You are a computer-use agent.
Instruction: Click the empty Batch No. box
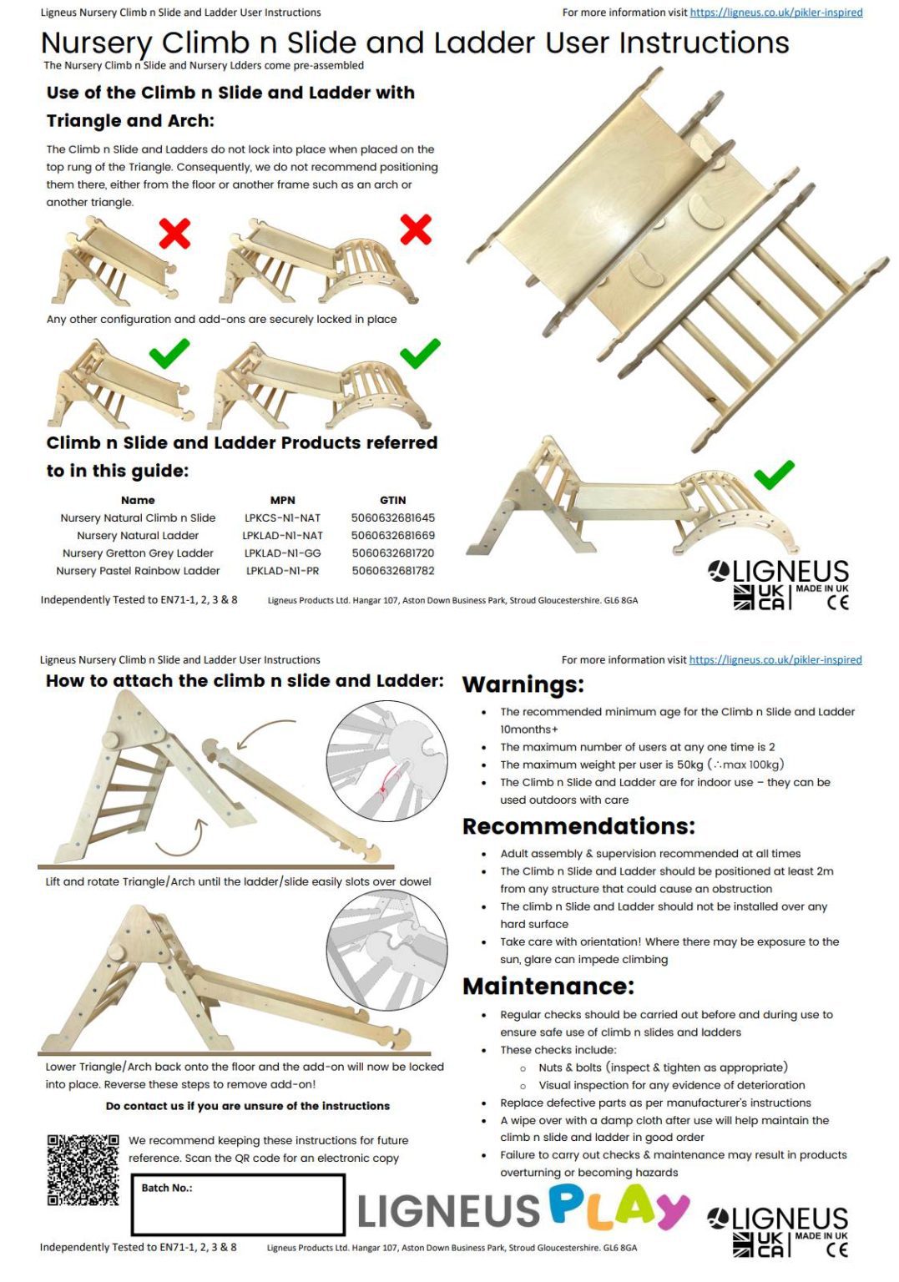[238, 1204]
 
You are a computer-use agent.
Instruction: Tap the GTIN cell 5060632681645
[392, 517]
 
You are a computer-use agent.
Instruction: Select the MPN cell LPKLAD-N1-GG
[282, 553]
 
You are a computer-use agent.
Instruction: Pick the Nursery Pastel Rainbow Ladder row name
[138, 571]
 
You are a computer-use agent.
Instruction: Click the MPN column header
[282, 500]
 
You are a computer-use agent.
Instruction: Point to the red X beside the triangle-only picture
[174, 233]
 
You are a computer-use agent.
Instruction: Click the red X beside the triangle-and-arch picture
[416, 230]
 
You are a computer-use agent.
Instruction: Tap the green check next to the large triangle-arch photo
[774, 474]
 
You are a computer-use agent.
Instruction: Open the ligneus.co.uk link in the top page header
[776, 12]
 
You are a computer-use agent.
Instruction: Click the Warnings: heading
[523, 684]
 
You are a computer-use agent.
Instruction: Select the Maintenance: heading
[548, 986]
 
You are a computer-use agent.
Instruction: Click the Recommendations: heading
[578, 825]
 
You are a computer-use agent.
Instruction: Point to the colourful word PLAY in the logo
[619, 1209]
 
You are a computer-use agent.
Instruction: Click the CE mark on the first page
[837, 602]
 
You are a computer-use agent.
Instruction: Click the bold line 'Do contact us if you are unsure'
[247, 1106]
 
